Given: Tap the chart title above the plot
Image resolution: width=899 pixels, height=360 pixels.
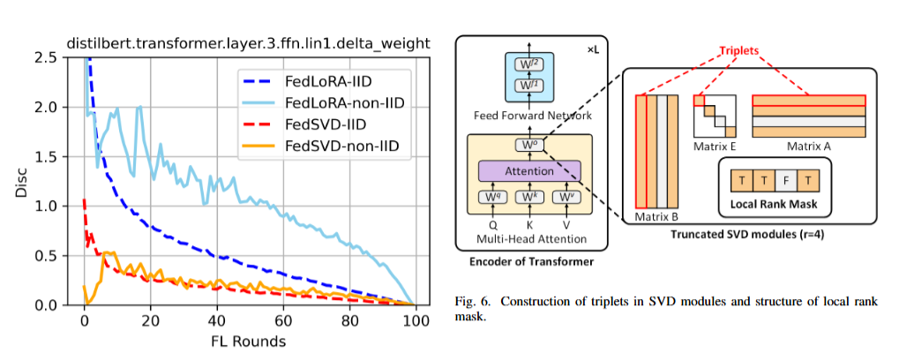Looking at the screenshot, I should [x=248, y=41].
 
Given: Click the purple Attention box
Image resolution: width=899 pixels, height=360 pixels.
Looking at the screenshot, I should [x=528, y=170].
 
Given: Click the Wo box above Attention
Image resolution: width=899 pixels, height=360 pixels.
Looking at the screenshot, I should [x=528, y=145].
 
